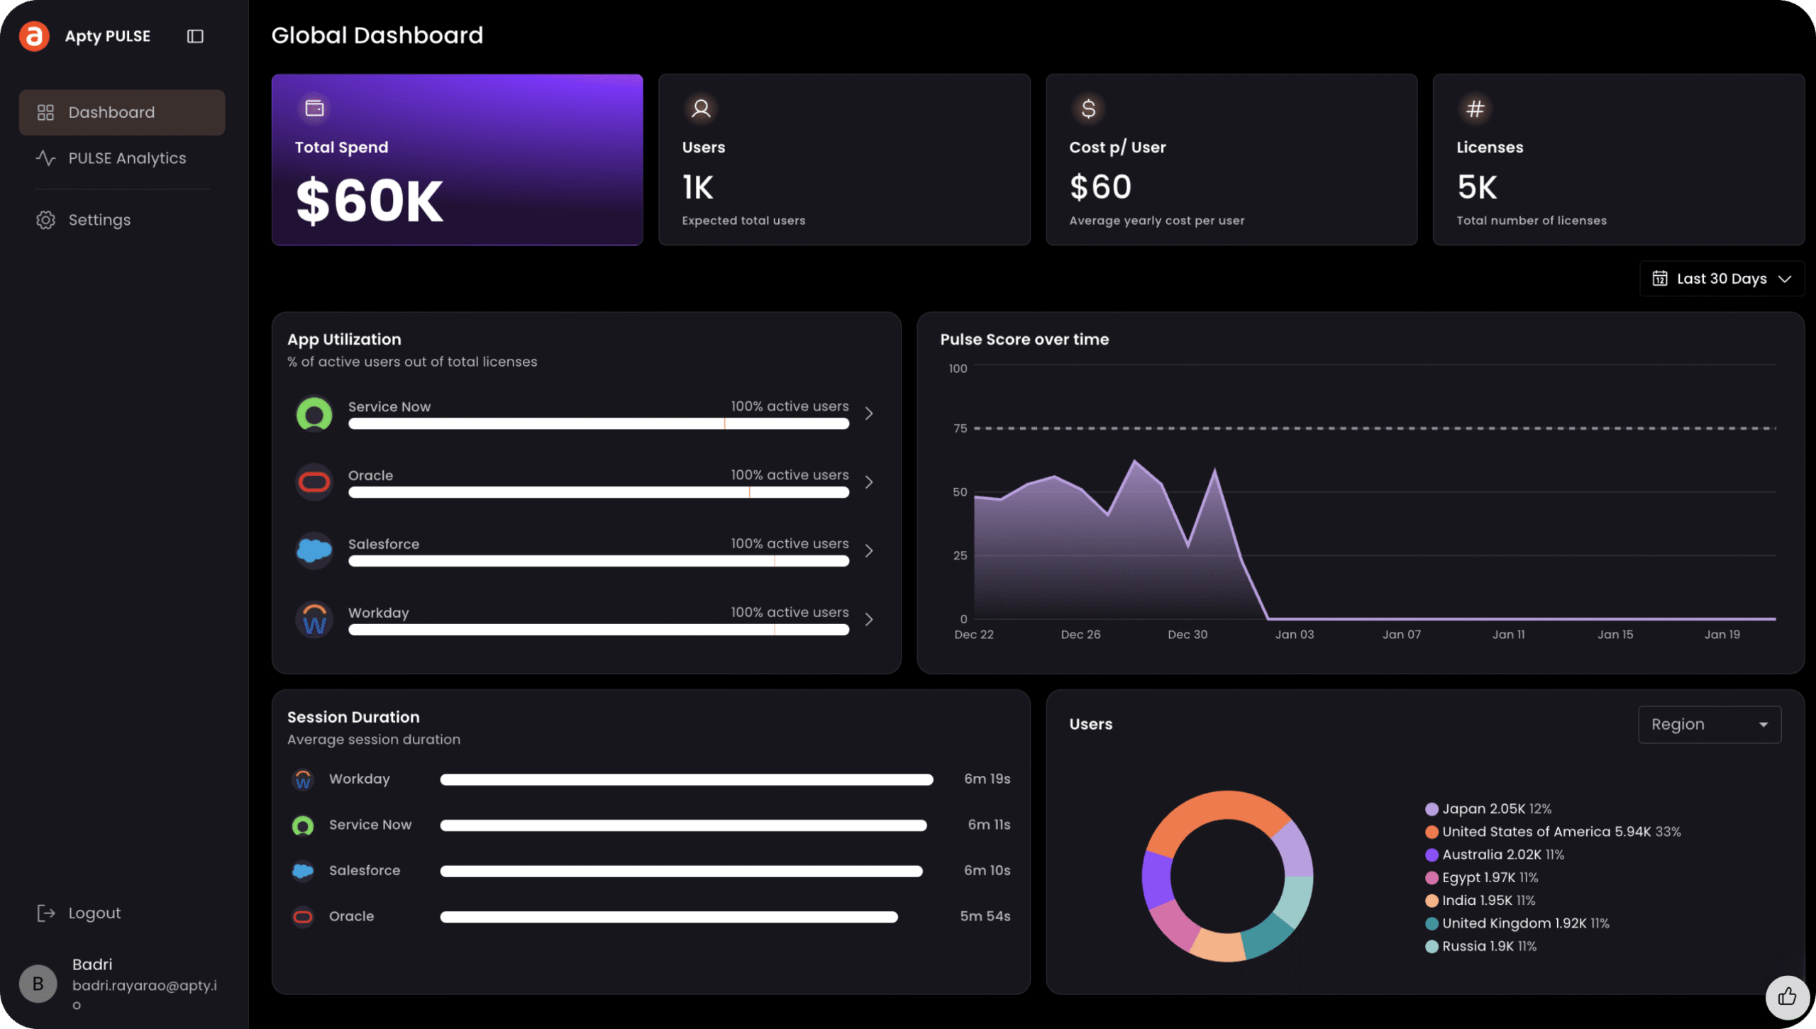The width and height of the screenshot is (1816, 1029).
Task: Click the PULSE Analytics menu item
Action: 126,158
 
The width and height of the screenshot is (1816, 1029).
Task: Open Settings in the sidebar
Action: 99,220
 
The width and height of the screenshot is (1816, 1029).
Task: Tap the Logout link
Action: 94,913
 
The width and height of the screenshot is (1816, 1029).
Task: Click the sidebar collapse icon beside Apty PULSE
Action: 195,36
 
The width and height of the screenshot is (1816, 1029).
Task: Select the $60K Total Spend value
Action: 369,201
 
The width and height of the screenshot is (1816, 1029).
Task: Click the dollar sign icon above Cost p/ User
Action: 1088,109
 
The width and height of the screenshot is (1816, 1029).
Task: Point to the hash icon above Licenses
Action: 1475,109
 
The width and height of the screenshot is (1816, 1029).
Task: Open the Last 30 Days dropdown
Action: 1722,279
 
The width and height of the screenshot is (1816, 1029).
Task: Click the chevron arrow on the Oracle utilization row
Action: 869,482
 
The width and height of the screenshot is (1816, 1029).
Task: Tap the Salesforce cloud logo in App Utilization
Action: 314,550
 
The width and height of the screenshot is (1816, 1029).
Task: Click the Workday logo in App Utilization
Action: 314,619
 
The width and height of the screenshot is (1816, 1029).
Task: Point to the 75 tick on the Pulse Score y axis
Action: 960,428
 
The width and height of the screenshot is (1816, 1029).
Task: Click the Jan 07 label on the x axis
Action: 1401,635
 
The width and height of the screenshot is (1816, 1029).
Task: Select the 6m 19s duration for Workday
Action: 987,779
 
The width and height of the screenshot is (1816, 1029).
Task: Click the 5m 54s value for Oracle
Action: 985,916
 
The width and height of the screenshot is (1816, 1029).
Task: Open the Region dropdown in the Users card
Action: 1709,724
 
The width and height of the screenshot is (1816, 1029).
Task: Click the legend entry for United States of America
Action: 1554,832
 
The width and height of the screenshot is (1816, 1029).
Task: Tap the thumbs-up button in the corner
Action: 1787,997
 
